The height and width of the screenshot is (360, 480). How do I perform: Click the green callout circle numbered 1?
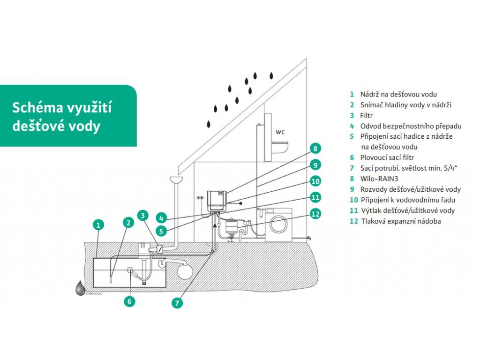98,225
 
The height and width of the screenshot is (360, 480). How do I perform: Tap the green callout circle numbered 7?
177,303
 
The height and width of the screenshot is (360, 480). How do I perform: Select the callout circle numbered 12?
315,214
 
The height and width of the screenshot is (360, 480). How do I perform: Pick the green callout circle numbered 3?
142,216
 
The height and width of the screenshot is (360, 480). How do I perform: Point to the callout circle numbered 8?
315,149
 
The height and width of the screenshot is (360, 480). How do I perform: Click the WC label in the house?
280,132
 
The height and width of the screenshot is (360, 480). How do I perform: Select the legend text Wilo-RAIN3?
379,179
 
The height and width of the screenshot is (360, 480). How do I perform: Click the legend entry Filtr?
367,115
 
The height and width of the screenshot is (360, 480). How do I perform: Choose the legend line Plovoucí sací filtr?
387,157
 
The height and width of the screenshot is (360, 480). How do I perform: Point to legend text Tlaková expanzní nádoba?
401,221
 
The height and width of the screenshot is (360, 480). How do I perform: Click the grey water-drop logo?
80,288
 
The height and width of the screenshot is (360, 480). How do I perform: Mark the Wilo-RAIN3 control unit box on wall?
217,201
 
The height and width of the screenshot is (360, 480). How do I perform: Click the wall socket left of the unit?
200,198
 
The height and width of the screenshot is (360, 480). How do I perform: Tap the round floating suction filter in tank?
130,270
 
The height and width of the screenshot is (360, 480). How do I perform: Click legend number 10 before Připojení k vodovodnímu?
354,200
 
